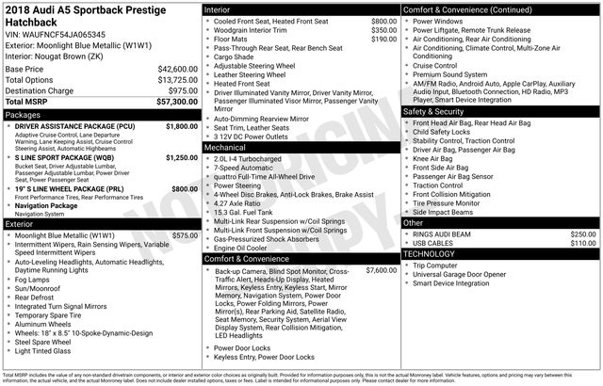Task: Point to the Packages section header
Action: (24, 114)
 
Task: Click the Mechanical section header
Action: (225, 148)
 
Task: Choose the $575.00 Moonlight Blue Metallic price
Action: (179, 235)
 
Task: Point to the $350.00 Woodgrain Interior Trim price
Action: (378, 30)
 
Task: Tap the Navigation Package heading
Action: (59, 204)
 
